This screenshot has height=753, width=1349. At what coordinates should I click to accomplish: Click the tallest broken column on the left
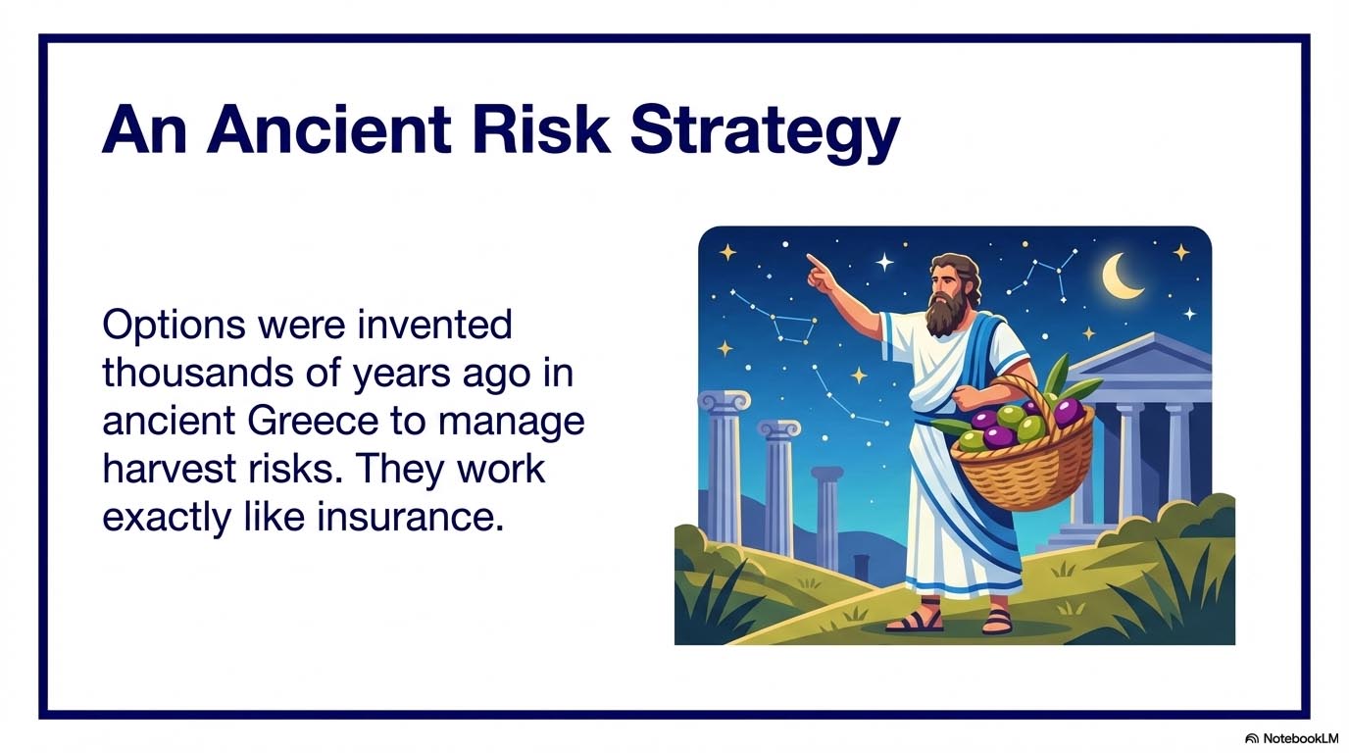[x=724, y=471]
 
